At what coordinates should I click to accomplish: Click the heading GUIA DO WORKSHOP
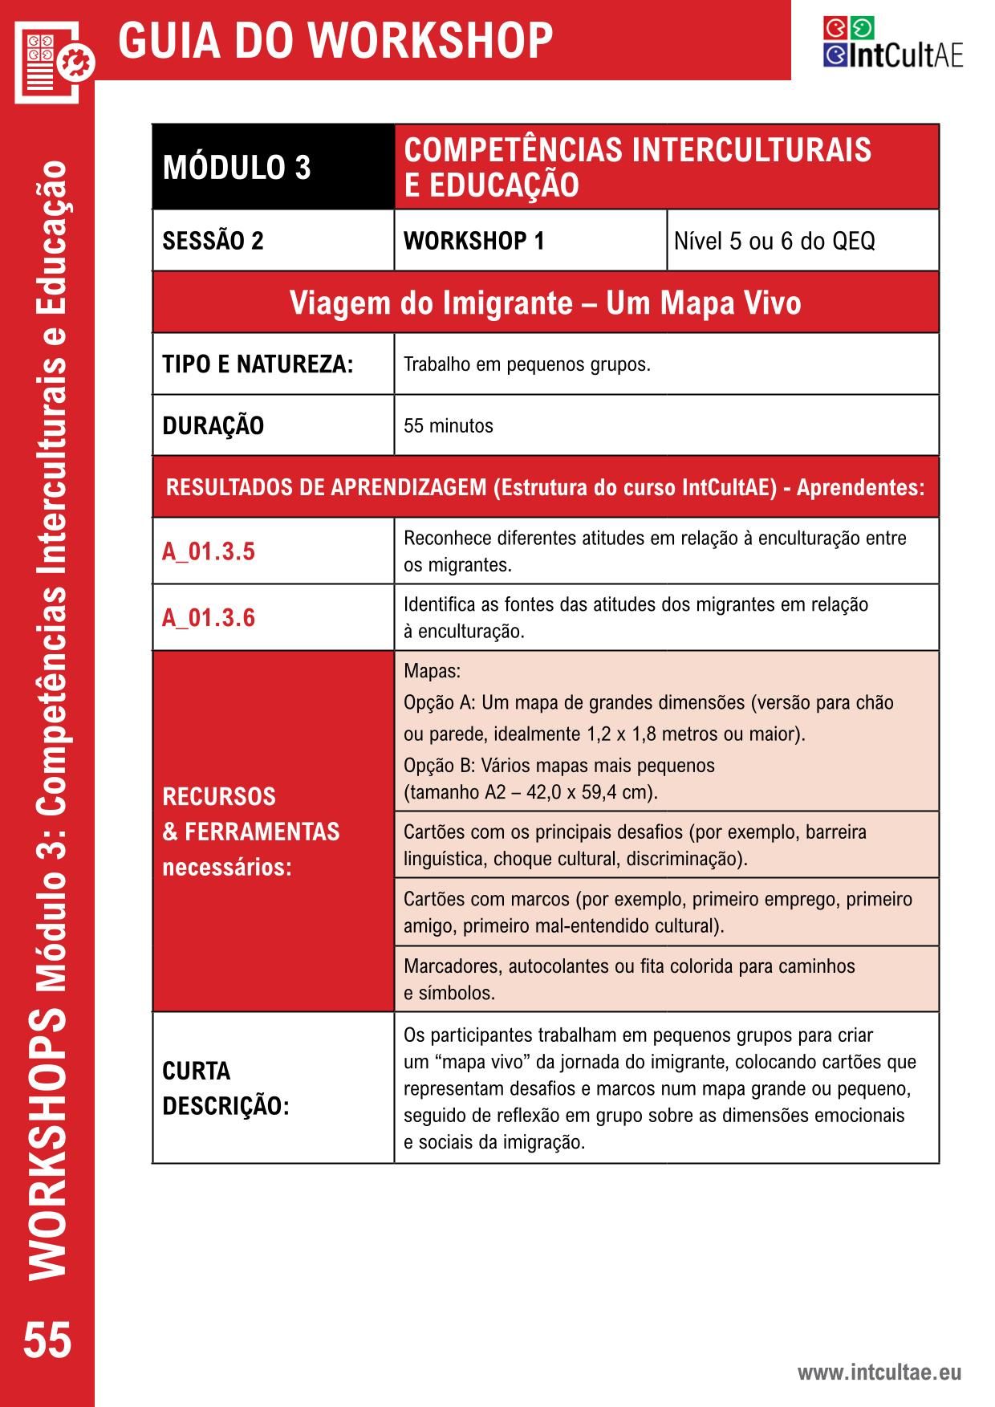(x=335, y=40)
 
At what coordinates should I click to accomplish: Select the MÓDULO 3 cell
(x=237, y=168)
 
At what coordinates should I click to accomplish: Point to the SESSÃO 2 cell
(x=213, y=241)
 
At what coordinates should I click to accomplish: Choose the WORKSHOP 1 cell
(x=473, y=241)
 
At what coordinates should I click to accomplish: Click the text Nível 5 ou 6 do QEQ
(x=774, y=241)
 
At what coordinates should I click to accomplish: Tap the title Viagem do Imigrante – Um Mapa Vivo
(x=545, y=303)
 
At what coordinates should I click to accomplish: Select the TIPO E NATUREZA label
(x=258, y=364)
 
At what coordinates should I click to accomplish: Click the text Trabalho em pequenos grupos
(x=526, y=364)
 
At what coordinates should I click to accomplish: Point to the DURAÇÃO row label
(x=213, y=425)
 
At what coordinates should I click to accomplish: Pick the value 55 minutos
(x=448, y=425)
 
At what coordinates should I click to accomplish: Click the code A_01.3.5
(x=209, y=551)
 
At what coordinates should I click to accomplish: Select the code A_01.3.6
(x=209, y=618)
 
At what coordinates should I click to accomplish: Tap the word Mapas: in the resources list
(x=432, y=671)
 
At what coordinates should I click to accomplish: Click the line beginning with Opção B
(x=558, y=766)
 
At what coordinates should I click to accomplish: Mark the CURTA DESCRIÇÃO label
(x=225, y=1088)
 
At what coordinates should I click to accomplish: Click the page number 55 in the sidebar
(x=47, y=1341)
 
